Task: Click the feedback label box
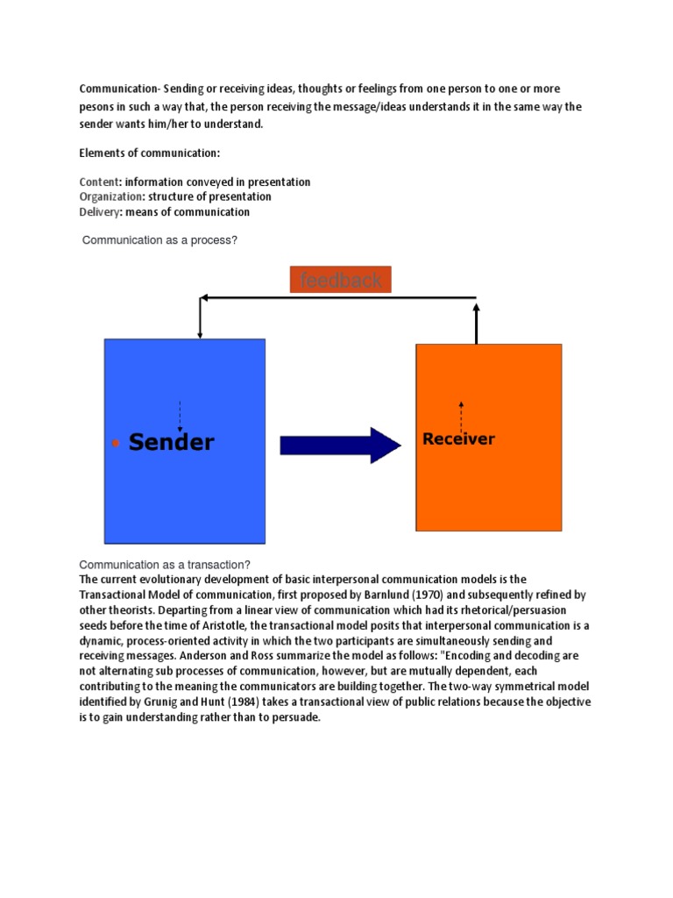341,280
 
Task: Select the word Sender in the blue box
171,442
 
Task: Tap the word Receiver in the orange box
458,438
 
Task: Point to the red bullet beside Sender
116,444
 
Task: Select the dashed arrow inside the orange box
461,417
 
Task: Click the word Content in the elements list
97,182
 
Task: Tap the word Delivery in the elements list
98,212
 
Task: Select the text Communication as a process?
159,239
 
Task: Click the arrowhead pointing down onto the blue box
201,334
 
